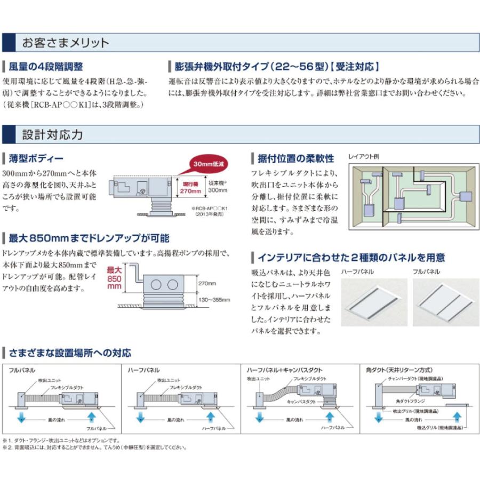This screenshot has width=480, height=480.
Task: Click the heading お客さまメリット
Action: (65, 43)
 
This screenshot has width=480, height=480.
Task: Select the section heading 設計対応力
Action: (52, 134)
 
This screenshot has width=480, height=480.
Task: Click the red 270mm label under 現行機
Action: (190, 190)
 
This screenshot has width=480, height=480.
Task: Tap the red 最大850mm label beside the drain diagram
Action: (114, 278)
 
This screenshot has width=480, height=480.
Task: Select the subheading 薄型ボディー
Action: (36, 158)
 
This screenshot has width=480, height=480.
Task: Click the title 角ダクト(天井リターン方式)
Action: (399, 370)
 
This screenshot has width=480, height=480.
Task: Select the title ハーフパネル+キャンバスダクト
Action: (285, 370)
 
